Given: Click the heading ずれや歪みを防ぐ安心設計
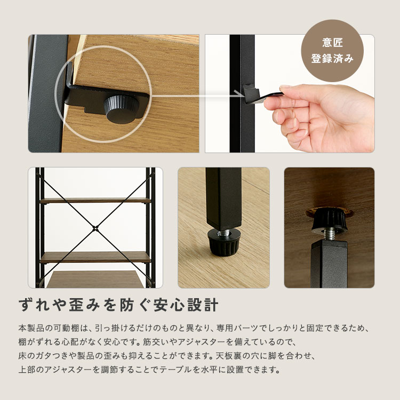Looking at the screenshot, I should coord(118,305).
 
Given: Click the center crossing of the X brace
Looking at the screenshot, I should coord(95,228).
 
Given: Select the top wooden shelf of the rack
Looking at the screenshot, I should coord(95,201).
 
